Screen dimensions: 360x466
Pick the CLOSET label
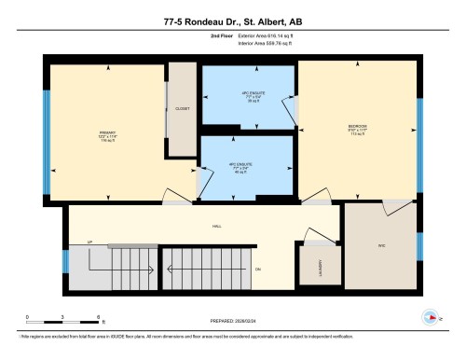[182, 108]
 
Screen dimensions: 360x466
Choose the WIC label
[380, 247]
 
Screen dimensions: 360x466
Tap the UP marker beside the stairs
[90, 242]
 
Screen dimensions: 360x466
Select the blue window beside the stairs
[64, 259]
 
